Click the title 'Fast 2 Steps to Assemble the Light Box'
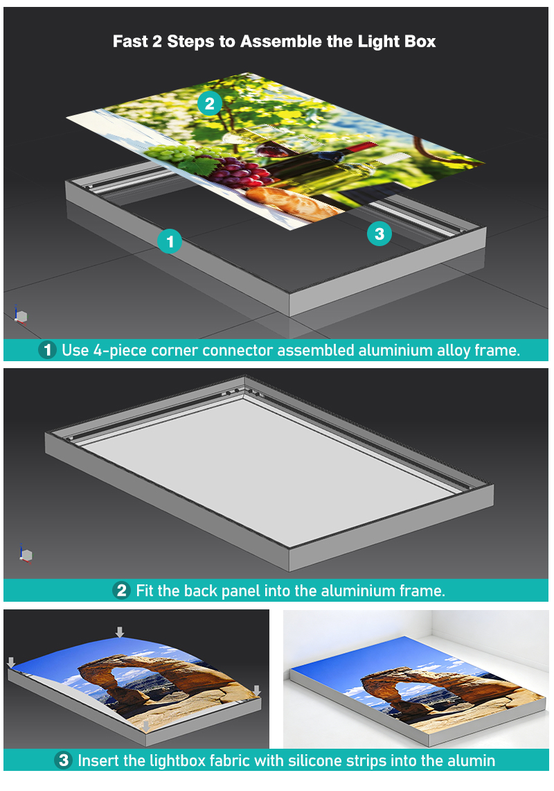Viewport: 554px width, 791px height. [x=274, y=42]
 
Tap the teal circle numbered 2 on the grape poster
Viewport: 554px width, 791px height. [x=210, y=103]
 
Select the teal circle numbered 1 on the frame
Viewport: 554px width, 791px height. [x=170, y=241]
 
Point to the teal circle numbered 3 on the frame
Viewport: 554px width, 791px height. [x=379, y=234]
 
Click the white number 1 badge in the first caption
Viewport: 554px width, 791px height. [x=47, y=349]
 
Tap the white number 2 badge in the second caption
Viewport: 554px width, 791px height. [x=121, y=590]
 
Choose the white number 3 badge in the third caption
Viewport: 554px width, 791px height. [x=63, y=760]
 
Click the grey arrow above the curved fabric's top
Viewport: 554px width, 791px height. [x=120, y=632]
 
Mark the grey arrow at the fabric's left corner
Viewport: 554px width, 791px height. [x=11, y=662]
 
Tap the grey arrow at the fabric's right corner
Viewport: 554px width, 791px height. [x=257, y=690]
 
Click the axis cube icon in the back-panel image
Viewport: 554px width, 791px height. [x=25, y=554]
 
